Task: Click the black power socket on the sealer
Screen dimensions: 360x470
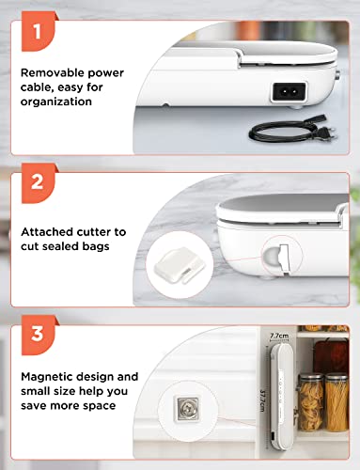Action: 289,92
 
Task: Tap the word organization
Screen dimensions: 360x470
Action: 56,102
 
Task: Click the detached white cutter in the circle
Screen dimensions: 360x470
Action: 180,265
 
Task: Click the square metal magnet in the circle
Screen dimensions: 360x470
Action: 187,409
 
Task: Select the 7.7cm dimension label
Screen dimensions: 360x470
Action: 279,336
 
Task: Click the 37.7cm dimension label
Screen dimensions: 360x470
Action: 263,400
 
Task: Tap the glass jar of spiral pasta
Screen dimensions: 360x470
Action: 310,402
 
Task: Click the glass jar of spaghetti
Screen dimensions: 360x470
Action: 337,402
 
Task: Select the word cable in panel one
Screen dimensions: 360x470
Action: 35,87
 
